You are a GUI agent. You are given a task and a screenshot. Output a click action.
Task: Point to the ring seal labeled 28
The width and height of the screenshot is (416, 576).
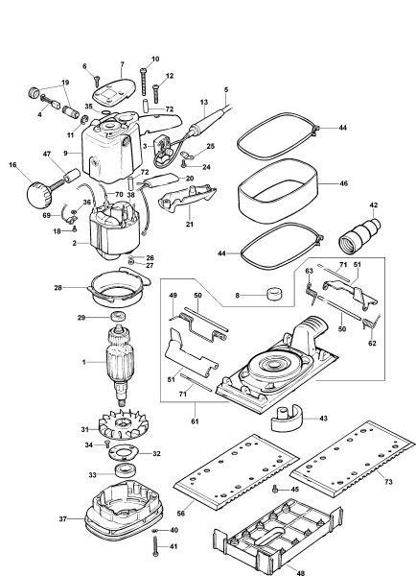[121, 286]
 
